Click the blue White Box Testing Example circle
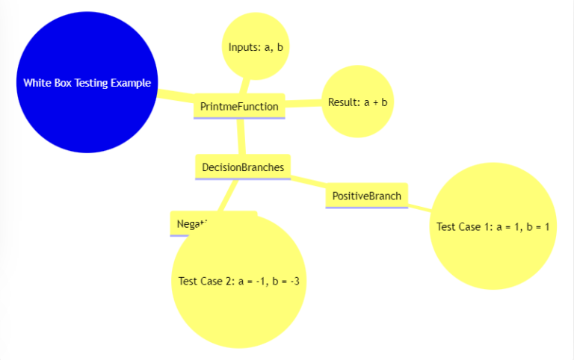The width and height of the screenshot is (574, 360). coord(87,82)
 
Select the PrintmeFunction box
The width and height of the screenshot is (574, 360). coord(239,106)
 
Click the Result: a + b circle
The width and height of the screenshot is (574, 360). coord(357,102)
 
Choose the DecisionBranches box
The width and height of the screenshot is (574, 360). coord(242,167)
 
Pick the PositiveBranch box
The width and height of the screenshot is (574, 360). coord(366,196)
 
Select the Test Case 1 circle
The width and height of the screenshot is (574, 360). coord(493,226)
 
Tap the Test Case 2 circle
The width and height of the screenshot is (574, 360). coord(239,281)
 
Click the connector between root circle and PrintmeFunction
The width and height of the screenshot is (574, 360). coord(176,96)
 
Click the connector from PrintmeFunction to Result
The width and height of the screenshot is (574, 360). coord(303,103)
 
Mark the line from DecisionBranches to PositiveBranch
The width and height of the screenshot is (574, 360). coord(307,181)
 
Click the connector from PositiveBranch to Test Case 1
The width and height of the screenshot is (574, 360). coord(419,207)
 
